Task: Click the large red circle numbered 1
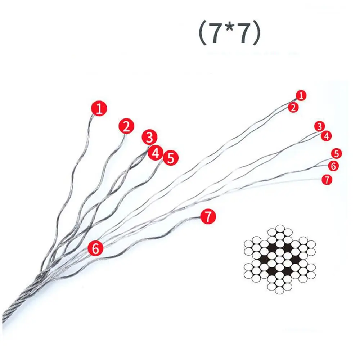(x=99, y=108)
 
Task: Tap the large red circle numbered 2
(x=126, y=126)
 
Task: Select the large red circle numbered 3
(x=149, y=137)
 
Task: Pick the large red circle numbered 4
(x=156, y=153)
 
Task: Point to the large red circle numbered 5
(x=171, y=158)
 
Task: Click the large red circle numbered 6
(x=95, y=248)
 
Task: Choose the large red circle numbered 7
(x=208, y=216)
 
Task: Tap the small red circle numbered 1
(x=301, y=95)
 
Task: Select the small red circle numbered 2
(x=293, y=107)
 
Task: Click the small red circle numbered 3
(x=320, y=126)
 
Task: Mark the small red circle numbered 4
(x=326, y=136)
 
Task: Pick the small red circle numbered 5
(x=337, y=153)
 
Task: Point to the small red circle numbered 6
(x=333, y=166)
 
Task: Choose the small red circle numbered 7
(x=327, y=180)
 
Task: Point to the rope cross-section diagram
(x=280, y=260)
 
